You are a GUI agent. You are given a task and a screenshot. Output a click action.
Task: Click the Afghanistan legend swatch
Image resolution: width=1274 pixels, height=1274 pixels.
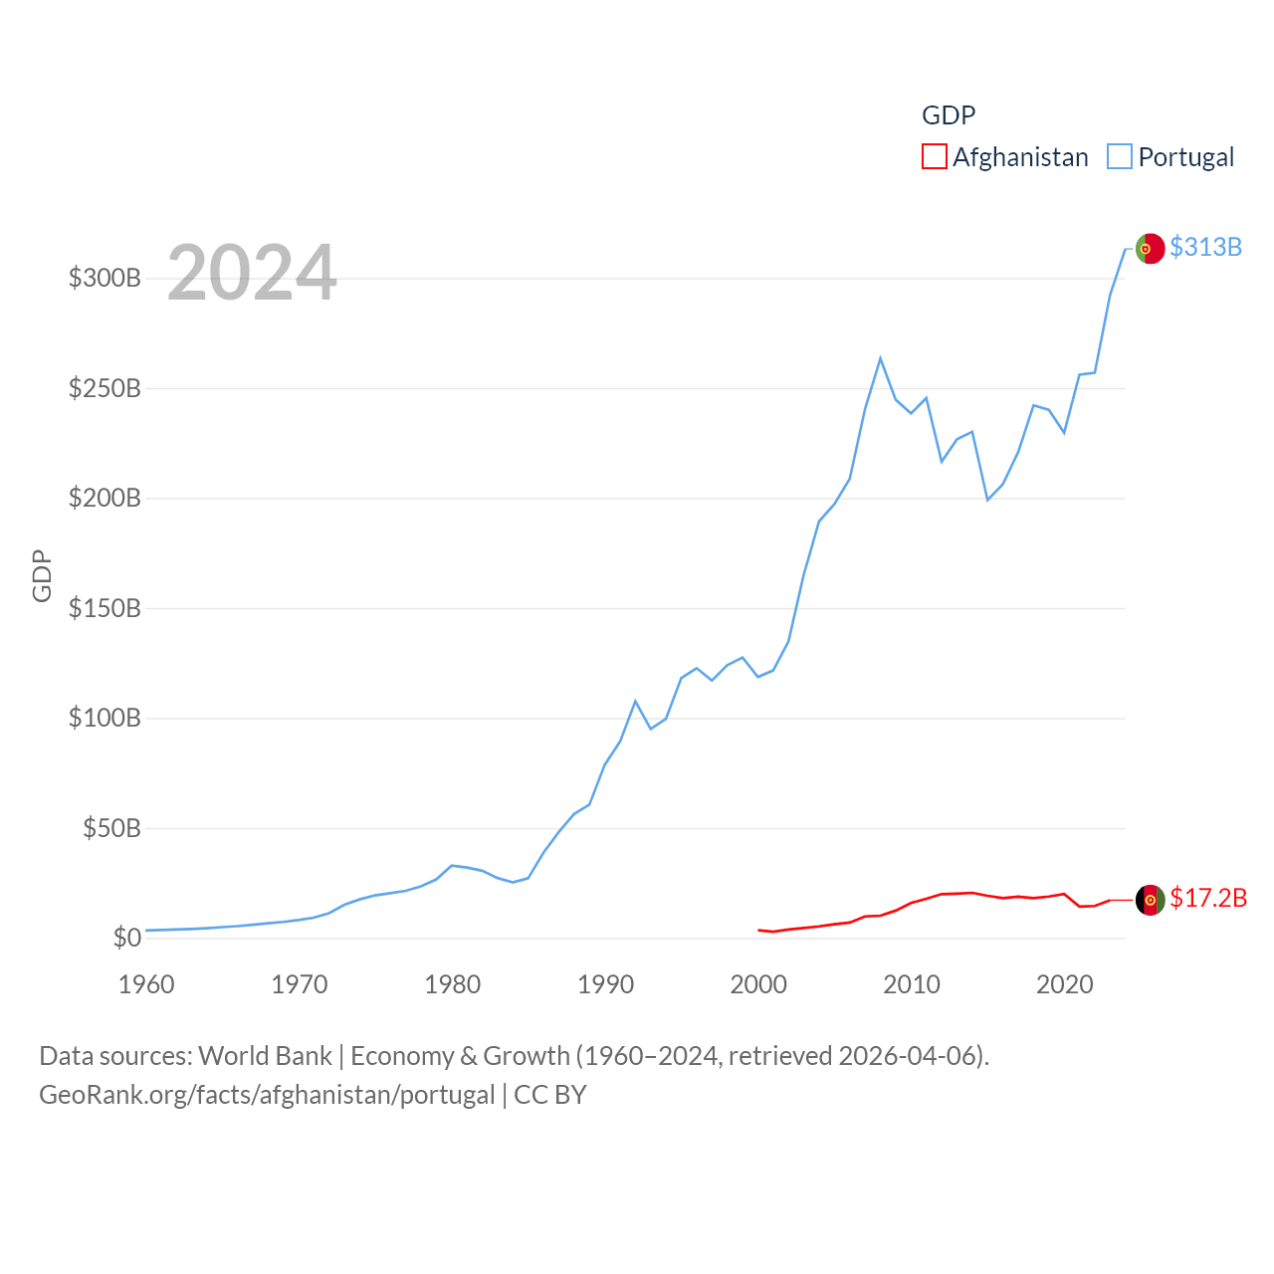[x=934, y=157]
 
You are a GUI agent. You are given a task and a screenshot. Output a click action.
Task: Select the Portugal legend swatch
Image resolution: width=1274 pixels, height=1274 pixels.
[x=1120, y=157]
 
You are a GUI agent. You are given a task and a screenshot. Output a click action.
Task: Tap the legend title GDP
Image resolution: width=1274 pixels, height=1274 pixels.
[x=949, y=115]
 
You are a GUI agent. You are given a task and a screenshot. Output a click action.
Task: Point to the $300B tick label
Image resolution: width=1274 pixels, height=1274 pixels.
[x=105, y=278]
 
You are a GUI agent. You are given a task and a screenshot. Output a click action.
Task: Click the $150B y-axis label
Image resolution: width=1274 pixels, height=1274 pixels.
[x=105, y=608]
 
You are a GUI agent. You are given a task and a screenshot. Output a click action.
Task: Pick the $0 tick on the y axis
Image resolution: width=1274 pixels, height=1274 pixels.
[x=126, y=938]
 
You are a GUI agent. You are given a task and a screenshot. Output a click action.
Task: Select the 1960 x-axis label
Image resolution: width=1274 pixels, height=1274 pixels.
[x=146, y=984]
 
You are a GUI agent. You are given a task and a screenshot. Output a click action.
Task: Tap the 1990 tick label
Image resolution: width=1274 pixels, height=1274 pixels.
[x=605, y=984]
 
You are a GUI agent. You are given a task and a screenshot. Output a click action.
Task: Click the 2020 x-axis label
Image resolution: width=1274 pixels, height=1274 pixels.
[x=1064, y=984]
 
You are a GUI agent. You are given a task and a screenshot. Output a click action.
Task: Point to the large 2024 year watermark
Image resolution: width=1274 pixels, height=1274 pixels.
[x=252, y=273]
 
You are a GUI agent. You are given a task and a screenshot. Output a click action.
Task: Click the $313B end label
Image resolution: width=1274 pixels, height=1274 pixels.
[x=1205, y=247]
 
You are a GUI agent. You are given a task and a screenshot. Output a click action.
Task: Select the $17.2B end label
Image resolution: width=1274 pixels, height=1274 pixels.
[x=1208, y=898]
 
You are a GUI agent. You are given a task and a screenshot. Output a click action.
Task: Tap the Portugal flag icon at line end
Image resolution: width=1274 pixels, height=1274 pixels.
[x=1150, y=249]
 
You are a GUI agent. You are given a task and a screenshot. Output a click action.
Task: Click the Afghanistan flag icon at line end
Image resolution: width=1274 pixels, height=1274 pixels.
[x=1150, y=900]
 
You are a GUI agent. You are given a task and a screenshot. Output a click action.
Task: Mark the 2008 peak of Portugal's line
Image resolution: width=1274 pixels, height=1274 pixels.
[x=881, y=358]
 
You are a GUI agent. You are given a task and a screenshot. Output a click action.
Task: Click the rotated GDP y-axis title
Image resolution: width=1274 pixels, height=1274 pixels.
[x=42, y=575]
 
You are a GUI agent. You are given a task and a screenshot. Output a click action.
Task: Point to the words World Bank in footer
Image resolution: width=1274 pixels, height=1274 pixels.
[x=265, y=1055]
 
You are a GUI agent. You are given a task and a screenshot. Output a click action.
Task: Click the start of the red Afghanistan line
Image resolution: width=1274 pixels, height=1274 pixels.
[x=758, y=930]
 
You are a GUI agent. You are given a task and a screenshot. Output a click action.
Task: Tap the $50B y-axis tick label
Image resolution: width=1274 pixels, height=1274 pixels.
[x=111, y=828]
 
